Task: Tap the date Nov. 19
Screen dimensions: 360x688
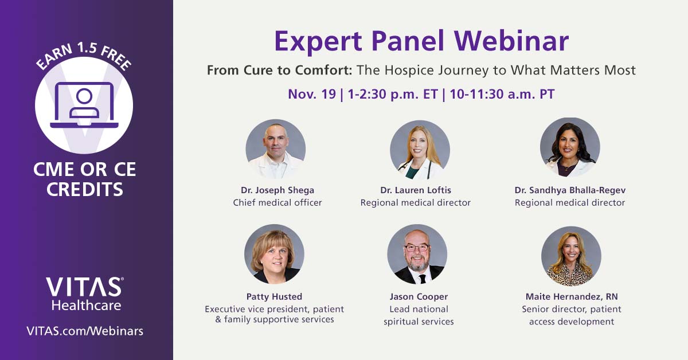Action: click(x=312, y=94)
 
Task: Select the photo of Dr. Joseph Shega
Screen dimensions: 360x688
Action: click(x=276, y=149)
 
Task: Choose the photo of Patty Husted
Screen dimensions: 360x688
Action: click(x=274, y=254)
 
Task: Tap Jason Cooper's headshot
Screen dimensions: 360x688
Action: click(x=417, y=254)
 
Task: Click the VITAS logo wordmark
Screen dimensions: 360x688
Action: click(x=84, y=287)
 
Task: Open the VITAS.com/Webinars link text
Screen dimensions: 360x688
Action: click(x=85, y=331)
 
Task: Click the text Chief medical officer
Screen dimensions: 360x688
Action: click(x=277, y=202)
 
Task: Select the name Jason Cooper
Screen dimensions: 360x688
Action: click(x=419, y=296)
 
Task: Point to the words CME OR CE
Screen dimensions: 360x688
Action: click(x=85, y=170)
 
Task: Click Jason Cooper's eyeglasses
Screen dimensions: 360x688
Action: click(x=417, y=248)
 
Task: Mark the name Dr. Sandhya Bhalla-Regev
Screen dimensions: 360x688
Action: click(x=570, y=190)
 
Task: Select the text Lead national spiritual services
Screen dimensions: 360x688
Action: click(x=419, y=315)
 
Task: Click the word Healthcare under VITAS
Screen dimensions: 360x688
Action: click(x=86, y=305)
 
